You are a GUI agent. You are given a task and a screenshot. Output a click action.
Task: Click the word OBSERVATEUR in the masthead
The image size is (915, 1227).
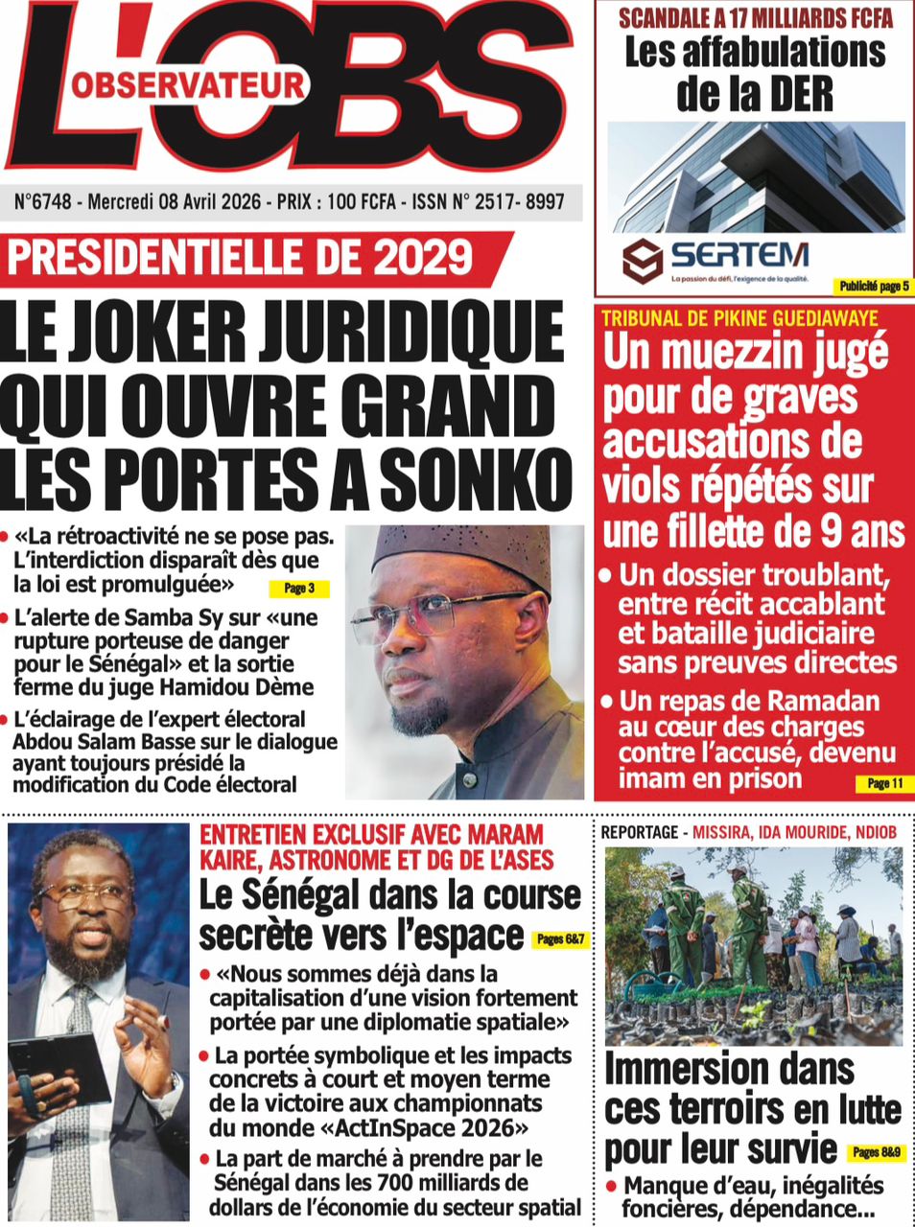click(x=188, y=85)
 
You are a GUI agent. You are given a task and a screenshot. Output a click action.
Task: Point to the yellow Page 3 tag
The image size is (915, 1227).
click(x=298, y=588)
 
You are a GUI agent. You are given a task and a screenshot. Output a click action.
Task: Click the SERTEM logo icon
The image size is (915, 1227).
click(x=643, y=261)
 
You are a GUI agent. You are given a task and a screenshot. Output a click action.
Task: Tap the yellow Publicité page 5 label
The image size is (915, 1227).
click(x=873, y=287)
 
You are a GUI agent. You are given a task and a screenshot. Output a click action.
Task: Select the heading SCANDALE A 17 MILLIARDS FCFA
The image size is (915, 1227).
click(x=755, y=17)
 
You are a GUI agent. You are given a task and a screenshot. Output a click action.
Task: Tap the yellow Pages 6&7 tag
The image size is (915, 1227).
click(x=558, y=938)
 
